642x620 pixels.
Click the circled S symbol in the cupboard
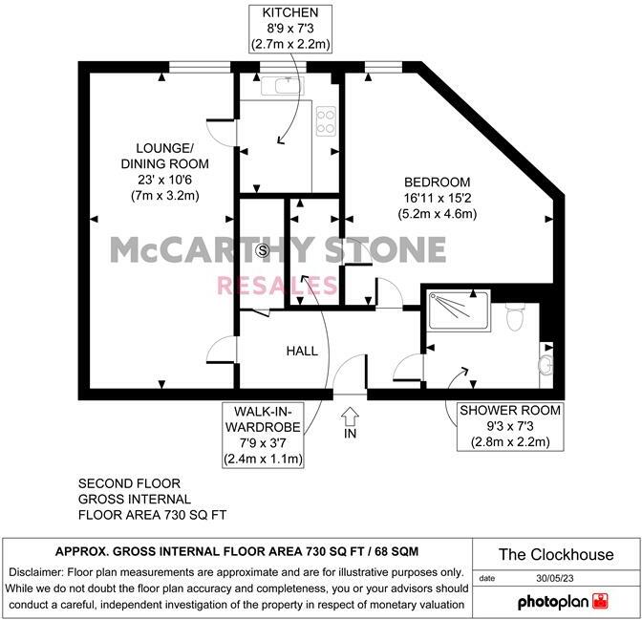tap(264, 250)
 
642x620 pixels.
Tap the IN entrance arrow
tap(350, 417)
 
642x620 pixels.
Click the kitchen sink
tap(285, 86)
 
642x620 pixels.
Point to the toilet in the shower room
tap(515, 316)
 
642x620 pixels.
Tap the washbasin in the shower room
tap(546, 363)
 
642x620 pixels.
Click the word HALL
tap(302, 352)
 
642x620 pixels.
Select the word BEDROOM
tap(437, 182)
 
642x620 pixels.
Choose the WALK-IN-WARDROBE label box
tap(264, 435)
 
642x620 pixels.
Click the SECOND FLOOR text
tap(129, 484)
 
